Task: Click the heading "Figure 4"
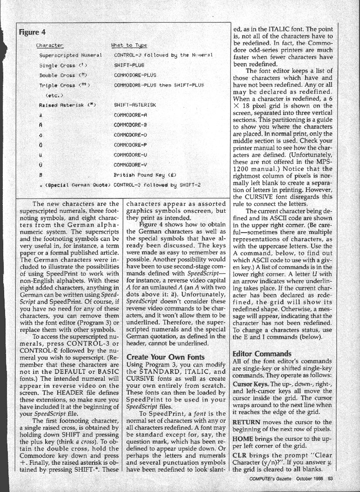point(32,32)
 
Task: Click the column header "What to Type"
point(129,45)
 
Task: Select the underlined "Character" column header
point(50,45)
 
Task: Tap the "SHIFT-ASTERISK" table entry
point(135,104)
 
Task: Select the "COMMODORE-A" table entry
point(130,115)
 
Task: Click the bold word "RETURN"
point(247,423)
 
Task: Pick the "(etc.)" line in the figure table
point(56,95)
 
